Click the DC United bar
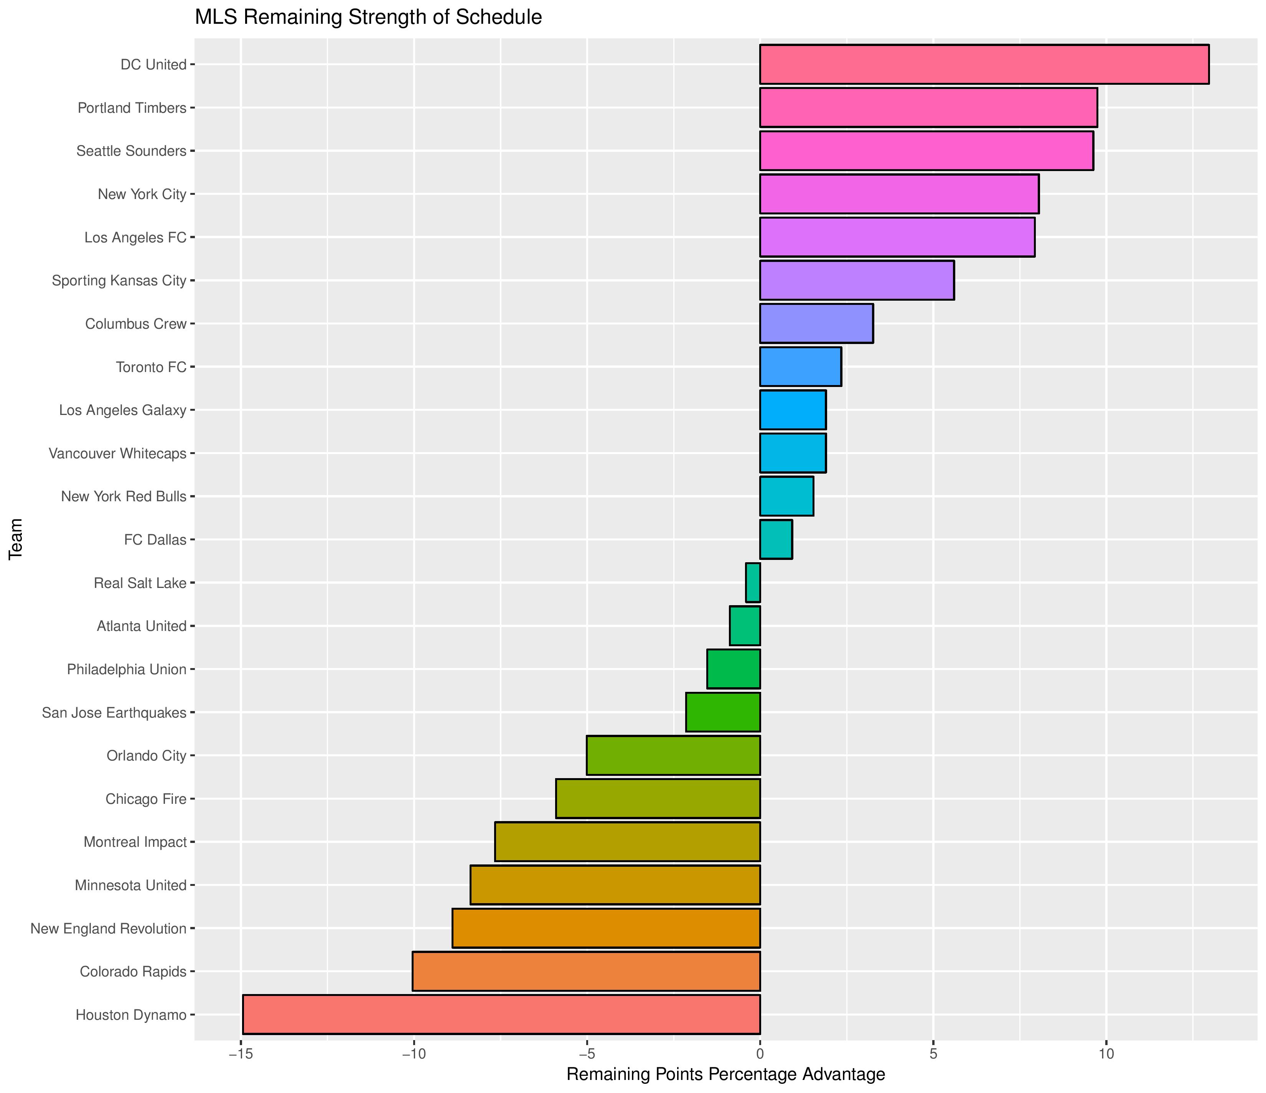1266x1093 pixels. tap(984, 64)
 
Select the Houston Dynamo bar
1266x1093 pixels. tap(501, 1015)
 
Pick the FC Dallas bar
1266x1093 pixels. tap(775, 540)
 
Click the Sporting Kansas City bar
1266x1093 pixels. tap(857, 280)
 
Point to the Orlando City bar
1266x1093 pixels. tap(673, 756)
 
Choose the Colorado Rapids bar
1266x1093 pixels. tap(586, 971)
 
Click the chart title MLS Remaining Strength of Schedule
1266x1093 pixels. tap(368, 17)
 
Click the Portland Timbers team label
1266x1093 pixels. tap(132, 108)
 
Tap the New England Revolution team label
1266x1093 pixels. tap(108, 928)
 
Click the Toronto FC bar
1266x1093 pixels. tap(800, 367)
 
